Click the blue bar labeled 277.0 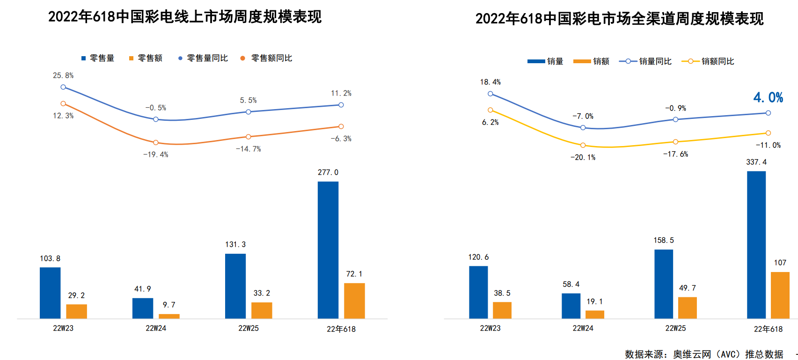[328, 250]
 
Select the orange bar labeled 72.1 [354, 301]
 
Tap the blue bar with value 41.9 [143, 308]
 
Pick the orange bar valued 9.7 [169, 316]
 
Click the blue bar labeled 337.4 [756, 245]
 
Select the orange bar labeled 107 [780, 295]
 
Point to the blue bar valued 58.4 [571, 306]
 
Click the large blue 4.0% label [768, 97]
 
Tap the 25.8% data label [63, 75]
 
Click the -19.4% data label [156, 154]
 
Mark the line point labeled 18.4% [491, 94]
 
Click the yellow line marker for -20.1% [583, 145]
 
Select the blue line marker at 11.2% [341, 105]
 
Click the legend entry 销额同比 [708, 61]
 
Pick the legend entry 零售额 [146, 58]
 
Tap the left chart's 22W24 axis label [156, 328]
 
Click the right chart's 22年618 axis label [768, 329]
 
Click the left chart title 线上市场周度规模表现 [185, 17]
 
